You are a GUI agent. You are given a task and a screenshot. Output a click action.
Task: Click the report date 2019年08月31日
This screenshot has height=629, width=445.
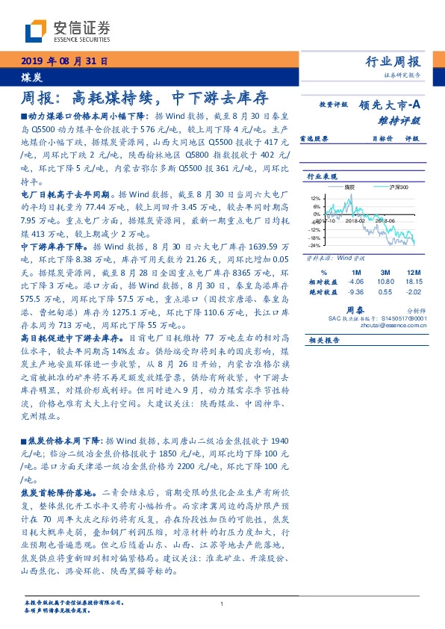(x=63, y=61)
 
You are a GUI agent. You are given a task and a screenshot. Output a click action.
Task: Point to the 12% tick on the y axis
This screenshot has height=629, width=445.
(x=316, y=199)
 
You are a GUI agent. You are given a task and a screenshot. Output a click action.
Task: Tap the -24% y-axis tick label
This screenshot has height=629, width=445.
(x=315, y=245)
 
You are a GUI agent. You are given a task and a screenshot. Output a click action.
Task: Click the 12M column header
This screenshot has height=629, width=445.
(x=413, y=271)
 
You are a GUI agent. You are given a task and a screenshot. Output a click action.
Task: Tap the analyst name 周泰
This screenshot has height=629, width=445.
(x=355, y=307)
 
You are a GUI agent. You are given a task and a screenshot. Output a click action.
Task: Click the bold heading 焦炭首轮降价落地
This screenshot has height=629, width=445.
(x=55, y=493)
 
